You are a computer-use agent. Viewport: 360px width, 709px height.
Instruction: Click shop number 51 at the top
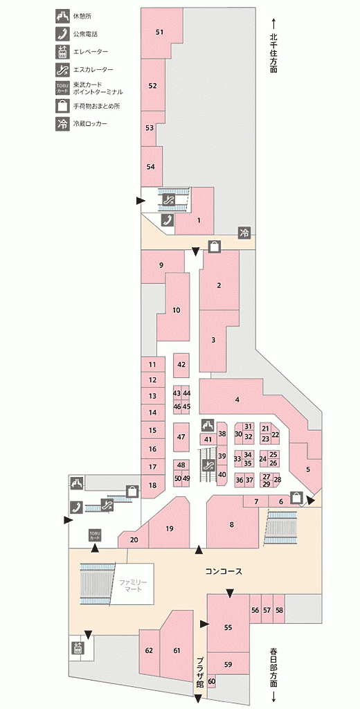point(159,32)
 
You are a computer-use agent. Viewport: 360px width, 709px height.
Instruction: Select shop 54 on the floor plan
point(151,166)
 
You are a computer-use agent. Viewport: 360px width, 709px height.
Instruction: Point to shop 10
point(177,310)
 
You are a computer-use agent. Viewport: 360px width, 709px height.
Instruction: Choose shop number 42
point(182,364)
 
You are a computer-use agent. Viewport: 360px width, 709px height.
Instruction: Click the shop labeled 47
point(181,437)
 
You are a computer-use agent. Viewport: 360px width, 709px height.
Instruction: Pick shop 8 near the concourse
point(231,525)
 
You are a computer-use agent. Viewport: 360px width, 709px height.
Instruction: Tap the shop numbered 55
point(228,627)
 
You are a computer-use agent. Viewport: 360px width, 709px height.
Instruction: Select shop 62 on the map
point(150,651)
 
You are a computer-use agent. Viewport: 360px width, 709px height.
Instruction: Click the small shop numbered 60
point(211,681)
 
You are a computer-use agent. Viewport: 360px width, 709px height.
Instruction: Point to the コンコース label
point(224,571)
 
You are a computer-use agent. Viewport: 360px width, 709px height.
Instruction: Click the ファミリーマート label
point(134,585)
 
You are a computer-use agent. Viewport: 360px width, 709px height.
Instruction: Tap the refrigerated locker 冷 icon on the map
point(244,233)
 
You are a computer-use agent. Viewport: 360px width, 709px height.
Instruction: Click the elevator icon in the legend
point(62,51)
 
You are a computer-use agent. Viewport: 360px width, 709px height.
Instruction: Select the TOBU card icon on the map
point(95,535)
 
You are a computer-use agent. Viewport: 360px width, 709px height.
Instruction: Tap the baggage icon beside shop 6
point(296,496)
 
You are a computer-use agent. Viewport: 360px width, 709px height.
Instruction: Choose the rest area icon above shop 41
point(208,425)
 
